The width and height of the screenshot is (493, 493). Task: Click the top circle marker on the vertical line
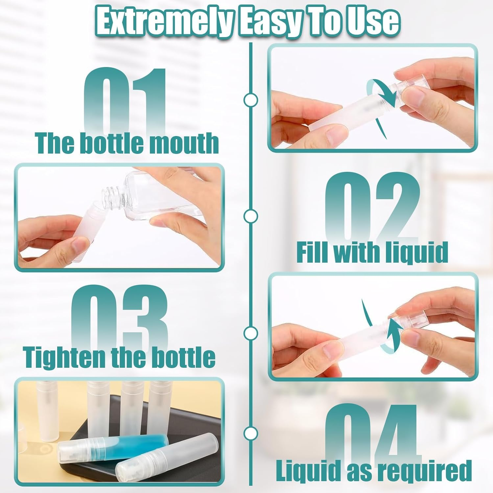pyautogui.click(x=251, y=100)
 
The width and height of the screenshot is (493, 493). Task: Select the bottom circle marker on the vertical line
pyautogui.click(x=251, y=433)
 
